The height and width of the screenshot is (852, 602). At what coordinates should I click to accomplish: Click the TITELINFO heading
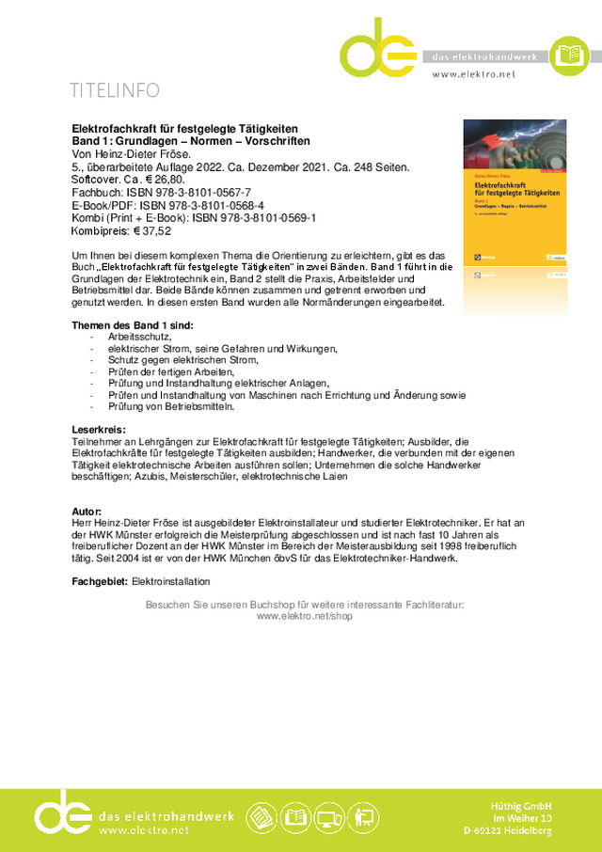click(x=114, y=90)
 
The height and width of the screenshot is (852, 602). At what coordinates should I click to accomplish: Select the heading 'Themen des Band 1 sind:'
click(x=133, y=324)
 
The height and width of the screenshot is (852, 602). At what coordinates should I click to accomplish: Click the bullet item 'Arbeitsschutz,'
click(x=139, y=336)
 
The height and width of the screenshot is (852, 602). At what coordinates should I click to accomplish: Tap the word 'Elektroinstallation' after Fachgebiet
click(x=171, y=582)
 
